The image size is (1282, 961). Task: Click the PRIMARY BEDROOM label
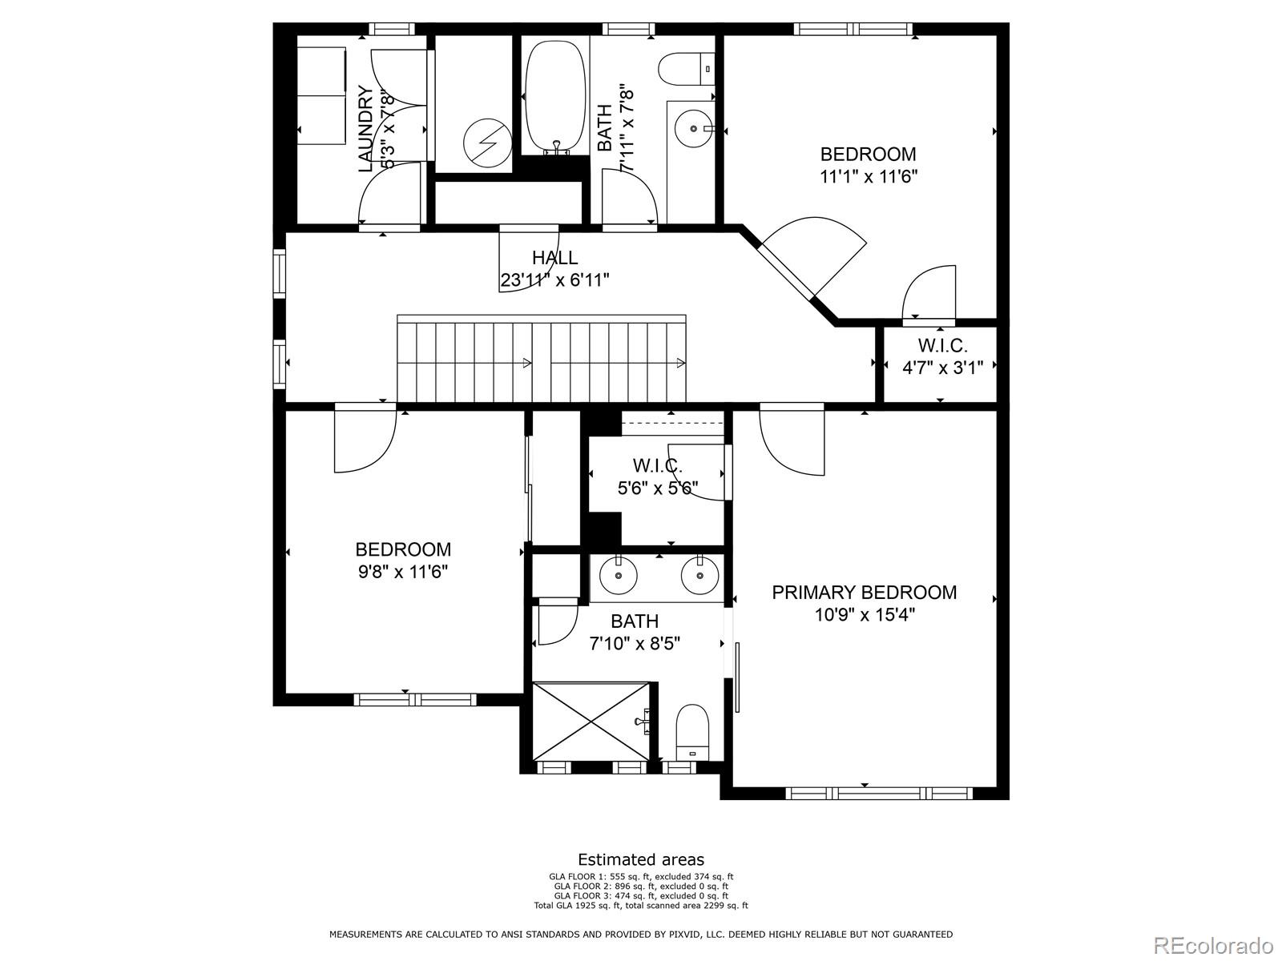click(864, 593)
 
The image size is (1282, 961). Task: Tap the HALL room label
click(554, 258)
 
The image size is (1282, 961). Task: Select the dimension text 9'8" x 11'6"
click(403, 572)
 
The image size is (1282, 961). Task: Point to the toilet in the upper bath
click(687, 67)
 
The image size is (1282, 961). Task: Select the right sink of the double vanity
click(699, 574)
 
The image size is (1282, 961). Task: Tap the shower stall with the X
click(591, 720)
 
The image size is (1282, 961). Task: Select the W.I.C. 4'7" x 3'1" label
click(942, 357)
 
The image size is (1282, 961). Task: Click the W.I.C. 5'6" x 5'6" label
click(657, 476)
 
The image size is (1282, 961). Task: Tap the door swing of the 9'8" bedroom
click(365, 440)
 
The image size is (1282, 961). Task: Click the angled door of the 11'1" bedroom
click(813, 256)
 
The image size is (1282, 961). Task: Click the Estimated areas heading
click(641, 860)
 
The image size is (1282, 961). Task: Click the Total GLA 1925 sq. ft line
click(641, 906)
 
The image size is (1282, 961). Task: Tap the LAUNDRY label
click(365, 128)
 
